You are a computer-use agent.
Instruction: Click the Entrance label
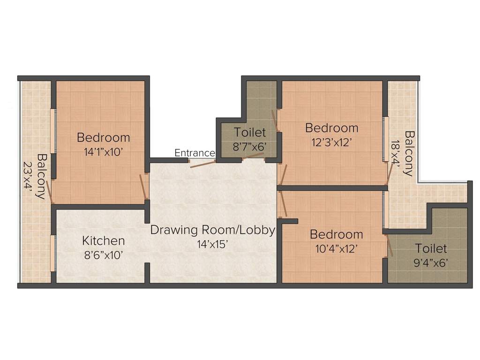click(x=195, y=152)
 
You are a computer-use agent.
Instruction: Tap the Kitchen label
click(x=104, y=240)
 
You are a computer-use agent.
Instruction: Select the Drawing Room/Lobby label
click(x=213, y=230)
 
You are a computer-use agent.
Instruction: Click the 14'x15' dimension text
click(x=212, y=244)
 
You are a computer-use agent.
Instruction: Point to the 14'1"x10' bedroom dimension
click(x=104, y=152)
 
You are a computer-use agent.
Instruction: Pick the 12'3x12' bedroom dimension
click(x=331, y=142)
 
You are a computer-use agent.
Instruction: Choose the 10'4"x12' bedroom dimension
click(x=337, y=248)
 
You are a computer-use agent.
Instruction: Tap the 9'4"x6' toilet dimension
click(x=431, y=262)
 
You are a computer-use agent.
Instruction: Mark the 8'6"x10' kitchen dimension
click(x=104, y=255)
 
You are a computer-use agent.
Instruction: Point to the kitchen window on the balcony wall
click(x=53, y=253)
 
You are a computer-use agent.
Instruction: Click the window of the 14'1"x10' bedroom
click(x=53, y=131)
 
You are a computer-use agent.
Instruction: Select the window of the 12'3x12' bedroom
click(x=385, y=139)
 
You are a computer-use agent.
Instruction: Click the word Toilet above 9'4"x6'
click(x=431, y=248)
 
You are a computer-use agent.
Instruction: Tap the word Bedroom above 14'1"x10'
click(x=104, y=137)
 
